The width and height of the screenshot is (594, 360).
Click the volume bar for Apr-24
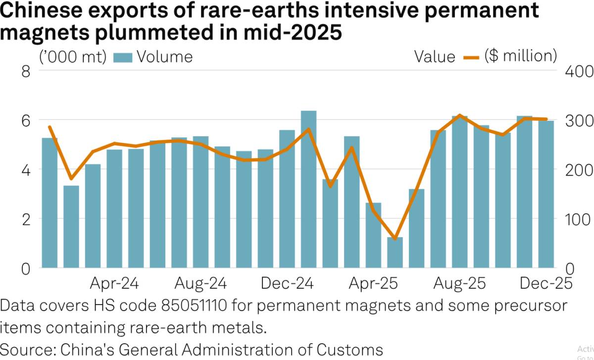114,208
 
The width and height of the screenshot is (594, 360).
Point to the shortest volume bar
395,253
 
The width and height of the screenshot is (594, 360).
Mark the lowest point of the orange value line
395,239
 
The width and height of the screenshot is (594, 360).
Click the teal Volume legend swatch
123,57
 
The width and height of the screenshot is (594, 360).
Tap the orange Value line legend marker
471,57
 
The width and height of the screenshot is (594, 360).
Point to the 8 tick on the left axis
24,71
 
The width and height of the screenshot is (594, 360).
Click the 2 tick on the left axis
24,219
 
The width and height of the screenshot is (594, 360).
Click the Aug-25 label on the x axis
460,284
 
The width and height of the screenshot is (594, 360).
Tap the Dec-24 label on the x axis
287,284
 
